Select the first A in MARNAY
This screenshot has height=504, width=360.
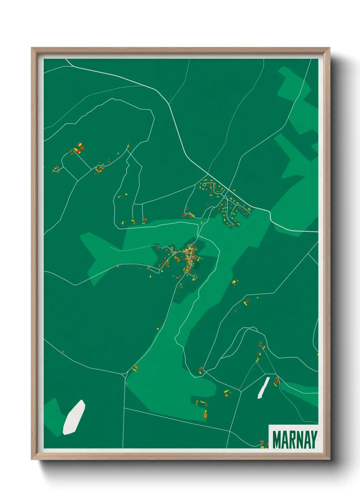tap(286, 440)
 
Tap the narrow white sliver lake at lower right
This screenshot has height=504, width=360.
tap(263, 388)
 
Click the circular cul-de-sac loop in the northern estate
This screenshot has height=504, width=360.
tap(204, 185)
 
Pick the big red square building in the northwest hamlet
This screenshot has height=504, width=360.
tap(82, 148)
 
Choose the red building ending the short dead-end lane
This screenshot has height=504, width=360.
tap(145, 219)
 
